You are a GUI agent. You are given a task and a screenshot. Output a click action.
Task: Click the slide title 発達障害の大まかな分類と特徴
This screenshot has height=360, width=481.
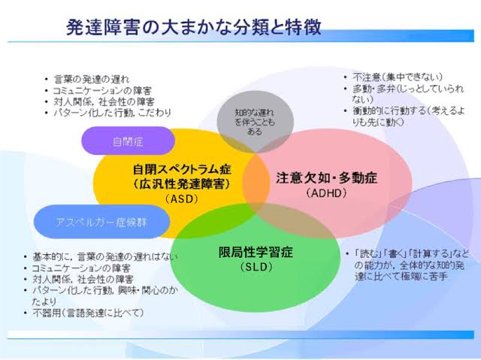click(x=193, y=28)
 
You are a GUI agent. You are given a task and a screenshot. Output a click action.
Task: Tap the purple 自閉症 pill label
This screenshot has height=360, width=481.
click(x=128, y=141)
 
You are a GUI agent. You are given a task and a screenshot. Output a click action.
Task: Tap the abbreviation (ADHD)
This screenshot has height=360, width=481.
click(x=325, y=193)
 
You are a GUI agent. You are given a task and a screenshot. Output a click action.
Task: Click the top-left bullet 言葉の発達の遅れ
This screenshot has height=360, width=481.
click(x=91, y=79)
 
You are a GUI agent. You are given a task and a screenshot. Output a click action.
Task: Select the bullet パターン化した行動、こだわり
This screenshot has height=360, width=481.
click(x=112, y=112)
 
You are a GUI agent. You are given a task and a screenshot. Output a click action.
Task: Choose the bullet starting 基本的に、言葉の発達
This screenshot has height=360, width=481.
click(x=98, y=256)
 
